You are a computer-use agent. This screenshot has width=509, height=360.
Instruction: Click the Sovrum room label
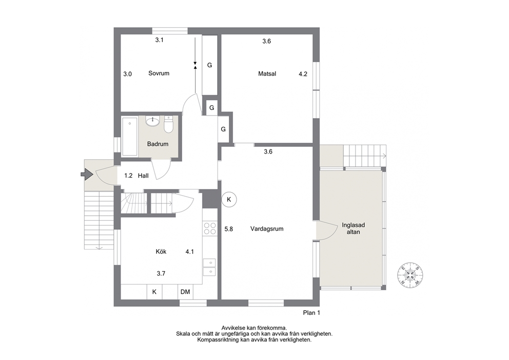pos(159,73)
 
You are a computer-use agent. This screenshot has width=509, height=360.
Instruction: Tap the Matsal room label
pos(267,74)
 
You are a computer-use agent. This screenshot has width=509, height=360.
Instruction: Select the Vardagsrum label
pos(267,229)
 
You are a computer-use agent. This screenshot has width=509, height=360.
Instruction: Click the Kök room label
pos(161,252)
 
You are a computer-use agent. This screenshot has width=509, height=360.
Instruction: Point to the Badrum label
pos(158,144)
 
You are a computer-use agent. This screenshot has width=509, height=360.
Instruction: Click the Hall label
pos(143,176)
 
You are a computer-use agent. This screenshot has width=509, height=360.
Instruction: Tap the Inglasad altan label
pos(353,229)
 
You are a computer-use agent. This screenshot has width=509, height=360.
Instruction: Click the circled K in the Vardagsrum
pos(229,199)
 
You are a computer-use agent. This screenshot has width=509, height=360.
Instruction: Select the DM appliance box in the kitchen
pos(185,292)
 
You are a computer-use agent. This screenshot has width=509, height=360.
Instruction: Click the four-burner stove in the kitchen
pos(210,228)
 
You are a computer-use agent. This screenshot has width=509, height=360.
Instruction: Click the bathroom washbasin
pos(152,121)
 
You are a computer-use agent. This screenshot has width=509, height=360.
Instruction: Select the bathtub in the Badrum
pos(130,137)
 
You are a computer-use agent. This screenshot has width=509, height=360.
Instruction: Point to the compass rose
pos(410,275)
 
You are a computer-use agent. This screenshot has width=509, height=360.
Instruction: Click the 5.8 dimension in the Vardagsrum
pos(229,229)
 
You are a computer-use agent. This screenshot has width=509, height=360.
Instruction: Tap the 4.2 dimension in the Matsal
pos(303,74)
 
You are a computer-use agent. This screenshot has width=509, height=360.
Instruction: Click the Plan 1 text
pos(311,313)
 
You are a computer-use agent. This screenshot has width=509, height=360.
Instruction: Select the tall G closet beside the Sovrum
pos(210,65)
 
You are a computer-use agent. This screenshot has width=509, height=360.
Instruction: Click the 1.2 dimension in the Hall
pos(129,176)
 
